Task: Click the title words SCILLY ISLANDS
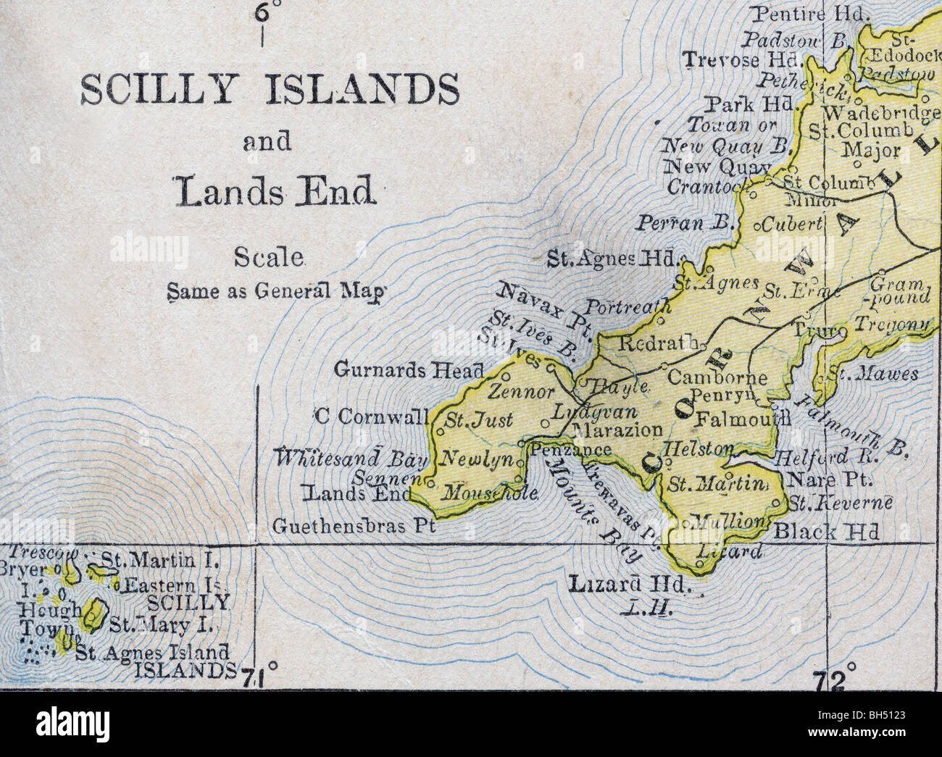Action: pos(269,91)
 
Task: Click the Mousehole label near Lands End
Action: pos(490,494)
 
